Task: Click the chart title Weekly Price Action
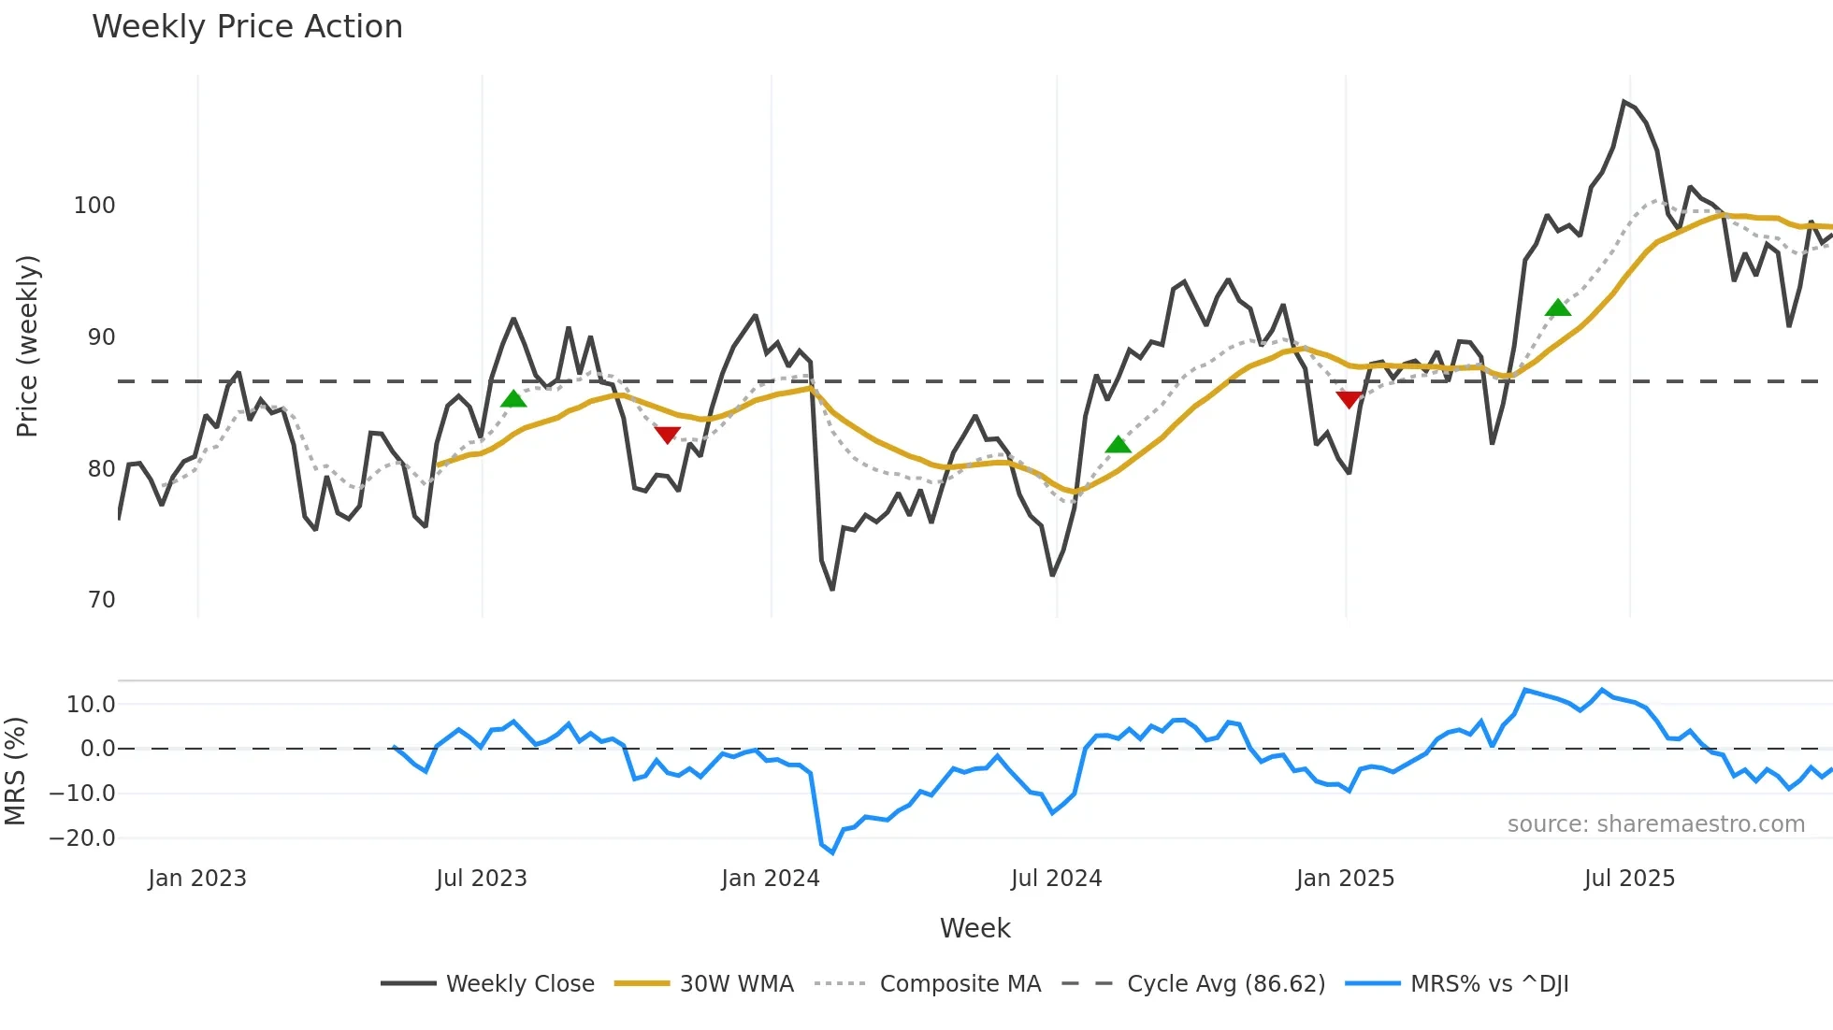point(247,26)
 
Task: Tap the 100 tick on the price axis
point(94,206)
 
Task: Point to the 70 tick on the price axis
point(101,600)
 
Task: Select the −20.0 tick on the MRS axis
point(82,838)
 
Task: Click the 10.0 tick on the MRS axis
point(91,705)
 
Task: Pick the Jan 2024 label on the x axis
point(770,879)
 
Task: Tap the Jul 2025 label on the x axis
point(1629,879)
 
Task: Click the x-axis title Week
point(974,928)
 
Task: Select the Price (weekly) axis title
point(28,346)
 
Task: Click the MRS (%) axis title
point(15,771)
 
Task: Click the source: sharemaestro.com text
point(1655,824)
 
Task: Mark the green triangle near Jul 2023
point(513,399)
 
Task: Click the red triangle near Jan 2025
point(1349,400)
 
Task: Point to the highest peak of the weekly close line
point(1624,102)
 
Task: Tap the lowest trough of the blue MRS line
point(832,852)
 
